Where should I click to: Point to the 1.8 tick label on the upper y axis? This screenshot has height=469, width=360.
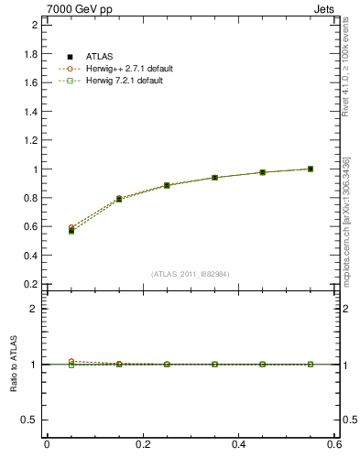pyautogui.click(x=31, y=54)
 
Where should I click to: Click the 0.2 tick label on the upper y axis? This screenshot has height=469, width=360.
pyautogui.click(x=31, y=284)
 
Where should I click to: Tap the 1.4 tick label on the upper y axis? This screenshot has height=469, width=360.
pyautogui.click(x=31, y=112)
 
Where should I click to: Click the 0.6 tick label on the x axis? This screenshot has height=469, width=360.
pyautogui.click(x=334, y=445)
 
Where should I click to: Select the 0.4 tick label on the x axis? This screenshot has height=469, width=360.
pyautogui.click(x=238, y=445)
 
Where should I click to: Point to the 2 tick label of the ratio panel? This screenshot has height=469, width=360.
pyautogui.click(x=35, y=309)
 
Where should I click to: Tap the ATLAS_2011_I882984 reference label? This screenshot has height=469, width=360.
pyautogui.click(x=191, y=274)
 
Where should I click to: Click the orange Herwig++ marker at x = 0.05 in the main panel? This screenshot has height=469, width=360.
pyautogui.click(x=71, y=227)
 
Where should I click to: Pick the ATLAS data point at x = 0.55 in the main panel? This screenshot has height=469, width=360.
pyautogui.click(x=311, y=169)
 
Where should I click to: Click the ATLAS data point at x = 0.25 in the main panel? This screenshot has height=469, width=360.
pyautogui.click(x=168, y=185)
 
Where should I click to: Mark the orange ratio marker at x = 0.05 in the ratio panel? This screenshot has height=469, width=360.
pyautogui.click(x=71, y=361)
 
